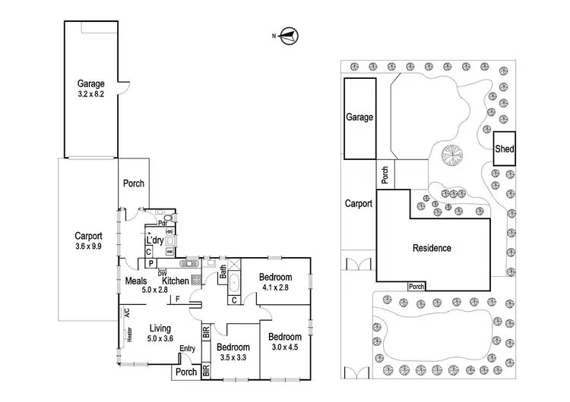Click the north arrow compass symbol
click(x=289, y=34)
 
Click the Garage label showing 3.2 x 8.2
click(x=90, y=90)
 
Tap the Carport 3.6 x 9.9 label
click(x=89, y=240)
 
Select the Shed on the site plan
click(x=504, y=149)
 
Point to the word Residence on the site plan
click(x=432, y=248)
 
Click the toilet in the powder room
click(x=168, y=215)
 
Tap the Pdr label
click(x=163, y=223)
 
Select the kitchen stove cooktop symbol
click(x=196, y=279)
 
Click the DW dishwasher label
click(x=163, y=272)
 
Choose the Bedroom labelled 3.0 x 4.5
click(x=286, y=342)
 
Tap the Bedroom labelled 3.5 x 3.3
click(x=234, y=352)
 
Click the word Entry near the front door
click(x=187, y=349)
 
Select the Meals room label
click(x=136, y=281)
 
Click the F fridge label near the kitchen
click(x=177, y=299)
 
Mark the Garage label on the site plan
click(x=359, y=118)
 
